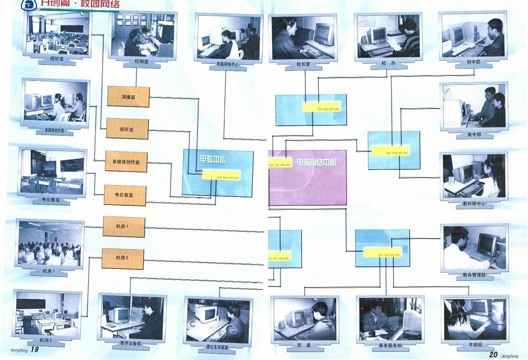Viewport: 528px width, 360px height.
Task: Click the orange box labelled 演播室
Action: coord(128,97)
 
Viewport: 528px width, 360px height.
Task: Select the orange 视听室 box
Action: coord(127,129)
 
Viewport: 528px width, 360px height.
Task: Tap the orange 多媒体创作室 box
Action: coord(126,162)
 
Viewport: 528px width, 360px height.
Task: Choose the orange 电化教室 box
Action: coord(125,195)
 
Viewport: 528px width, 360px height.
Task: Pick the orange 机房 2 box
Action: coord(122,258)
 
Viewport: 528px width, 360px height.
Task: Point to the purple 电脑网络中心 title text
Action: coord(316,162)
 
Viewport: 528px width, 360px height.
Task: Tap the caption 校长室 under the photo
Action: coord(303,64)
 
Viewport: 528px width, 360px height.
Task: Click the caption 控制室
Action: coord(142,62)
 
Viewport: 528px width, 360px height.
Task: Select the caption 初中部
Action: coord(473,62)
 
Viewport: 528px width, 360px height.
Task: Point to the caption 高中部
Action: coord(474,135)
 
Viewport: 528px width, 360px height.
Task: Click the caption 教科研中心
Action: coord(474,204)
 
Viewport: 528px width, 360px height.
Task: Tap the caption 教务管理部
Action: coord(474,275)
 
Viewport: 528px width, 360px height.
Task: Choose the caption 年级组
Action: coord(475,345)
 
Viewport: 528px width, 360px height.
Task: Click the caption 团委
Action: coord(304,345)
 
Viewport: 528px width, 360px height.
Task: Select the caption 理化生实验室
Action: coord(217,347)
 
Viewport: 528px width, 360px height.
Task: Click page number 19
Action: coord(35,349)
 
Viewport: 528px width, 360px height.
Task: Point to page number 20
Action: coord(493,355)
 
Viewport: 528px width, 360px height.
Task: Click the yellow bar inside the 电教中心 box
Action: coord(221,175)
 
